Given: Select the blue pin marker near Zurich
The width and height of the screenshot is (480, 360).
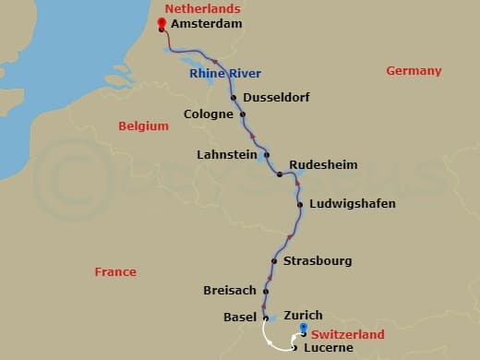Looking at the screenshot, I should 304,330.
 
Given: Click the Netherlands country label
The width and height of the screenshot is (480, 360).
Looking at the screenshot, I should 196,9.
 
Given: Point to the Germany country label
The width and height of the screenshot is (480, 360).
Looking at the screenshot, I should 414,71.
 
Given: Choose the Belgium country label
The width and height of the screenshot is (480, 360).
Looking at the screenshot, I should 144,126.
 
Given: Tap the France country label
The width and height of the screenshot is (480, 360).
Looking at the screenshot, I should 115,272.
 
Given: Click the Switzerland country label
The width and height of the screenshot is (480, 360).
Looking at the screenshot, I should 347,334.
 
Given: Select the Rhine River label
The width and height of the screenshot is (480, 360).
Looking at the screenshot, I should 225,74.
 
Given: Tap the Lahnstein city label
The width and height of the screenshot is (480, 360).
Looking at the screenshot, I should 227,154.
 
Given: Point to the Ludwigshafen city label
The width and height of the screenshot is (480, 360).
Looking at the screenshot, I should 353,203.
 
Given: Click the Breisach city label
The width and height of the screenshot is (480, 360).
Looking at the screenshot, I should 230,291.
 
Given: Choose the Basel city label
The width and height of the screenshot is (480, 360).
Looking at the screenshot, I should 239,317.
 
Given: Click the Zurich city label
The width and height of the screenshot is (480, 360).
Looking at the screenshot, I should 303,315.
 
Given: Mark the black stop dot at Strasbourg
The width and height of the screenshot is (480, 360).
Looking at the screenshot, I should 275,261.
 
